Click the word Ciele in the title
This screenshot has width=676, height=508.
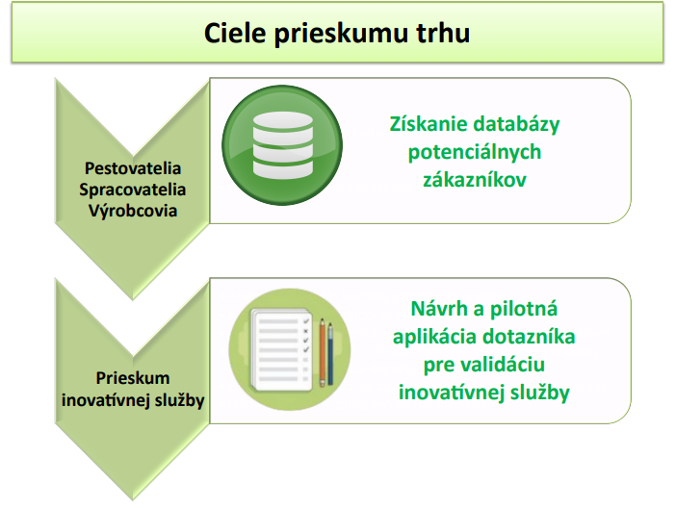[235, 33]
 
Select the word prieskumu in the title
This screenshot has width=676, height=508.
[341, 34]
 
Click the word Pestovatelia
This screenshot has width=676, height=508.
[133, 168]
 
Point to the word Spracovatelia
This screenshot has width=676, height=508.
[132, 190]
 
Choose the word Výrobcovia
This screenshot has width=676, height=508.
[133, 211]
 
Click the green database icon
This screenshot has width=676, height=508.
[282, 145]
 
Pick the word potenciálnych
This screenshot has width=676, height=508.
[475, 153]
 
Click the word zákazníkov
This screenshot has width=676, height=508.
[475, 180]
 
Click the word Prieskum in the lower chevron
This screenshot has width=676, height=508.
[133, 378]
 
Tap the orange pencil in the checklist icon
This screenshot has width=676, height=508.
[322, 352]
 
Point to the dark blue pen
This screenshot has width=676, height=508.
[330, 354]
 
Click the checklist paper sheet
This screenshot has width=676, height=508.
[281, 350]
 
